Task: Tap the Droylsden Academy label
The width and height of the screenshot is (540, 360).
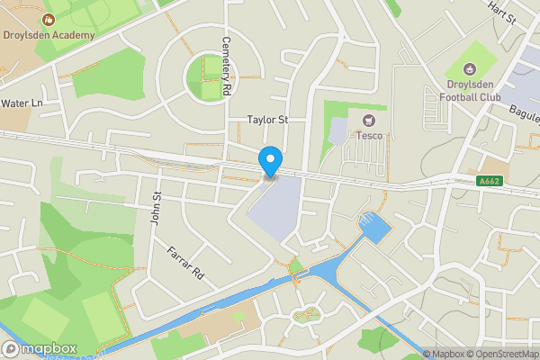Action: pos(49,35)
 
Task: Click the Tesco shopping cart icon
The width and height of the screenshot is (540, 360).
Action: pos(367,121)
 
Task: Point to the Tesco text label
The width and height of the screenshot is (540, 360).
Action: pos(369,136)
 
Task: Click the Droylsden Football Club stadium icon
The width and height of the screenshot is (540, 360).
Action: pos(467,69)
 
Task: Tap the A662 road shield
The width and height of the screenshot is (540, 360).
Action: pos(490,181)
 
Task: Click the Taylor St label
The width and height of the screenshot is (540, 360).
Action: pos(267,119)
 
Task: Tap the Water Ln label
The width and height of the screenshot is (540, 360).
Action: pos(22,103)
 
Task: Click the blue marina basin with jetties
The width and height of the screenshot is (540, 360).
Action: pos(373,227)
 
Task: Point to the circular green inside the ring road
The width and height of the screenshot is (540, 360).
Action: pos(208,77)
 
